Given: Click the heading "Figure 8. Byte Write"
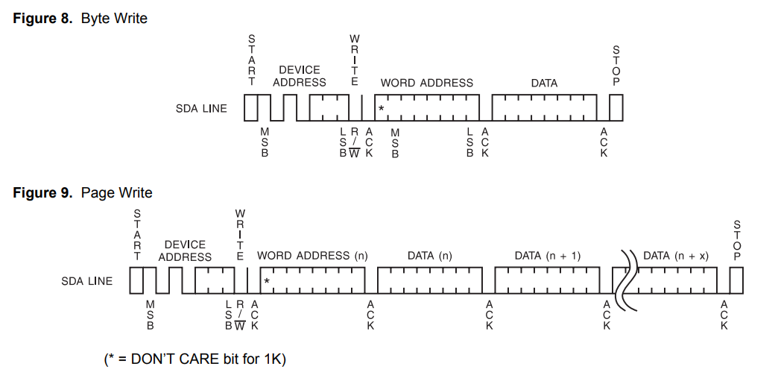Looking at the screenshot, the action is [80, 18].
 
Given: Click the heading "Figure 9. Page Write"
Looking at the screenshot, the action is [83, 192].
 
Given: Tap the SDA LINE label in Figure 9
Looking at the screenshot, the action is [87, 281].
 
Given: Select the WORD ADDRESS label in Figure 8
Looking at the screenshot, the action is [426, 83].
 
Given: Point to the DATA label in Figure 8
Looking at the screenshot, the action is [544, 83].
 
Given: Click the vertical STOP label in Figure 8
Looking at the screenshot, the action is [616, 65].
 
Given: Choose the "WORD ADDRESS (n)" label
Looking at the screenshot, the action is [312, 256].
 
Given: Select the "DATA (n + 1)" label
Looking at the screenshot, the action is [548, 256].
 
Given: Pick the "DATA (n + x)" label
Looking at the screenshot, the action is [676, 256].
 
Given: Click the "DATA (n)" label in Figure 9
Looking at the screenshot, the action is [430, 256].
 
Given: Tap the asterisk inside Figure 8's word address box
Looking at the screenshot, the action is [381, 110].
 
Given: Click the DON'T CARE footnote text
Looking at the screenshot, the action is [195, 359].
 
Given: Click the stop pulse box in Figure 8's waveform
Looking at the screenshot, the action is [616, 109].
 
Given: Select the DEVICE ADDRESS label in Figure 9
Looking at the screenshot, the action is [185, 250].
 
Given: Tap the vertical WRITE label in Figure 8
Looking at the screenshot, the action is [355, 60].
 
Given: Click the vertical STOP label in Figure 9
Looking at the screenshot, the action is [737, 240].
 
